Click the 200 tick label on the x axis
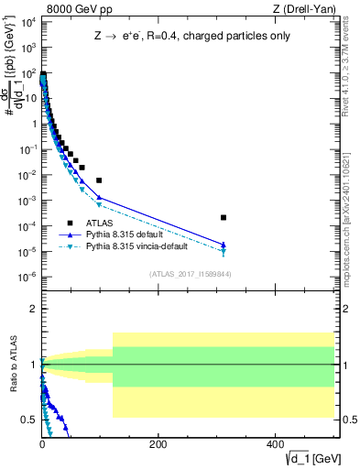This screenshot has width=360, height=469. coord(157,444)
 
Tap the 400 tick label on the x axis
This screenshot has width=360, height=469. coord(273,444)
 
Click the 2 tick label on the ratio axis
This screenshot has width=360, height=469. coord(34,309)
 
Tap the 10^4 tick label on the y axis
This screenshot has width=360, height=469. coord(27,21)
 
